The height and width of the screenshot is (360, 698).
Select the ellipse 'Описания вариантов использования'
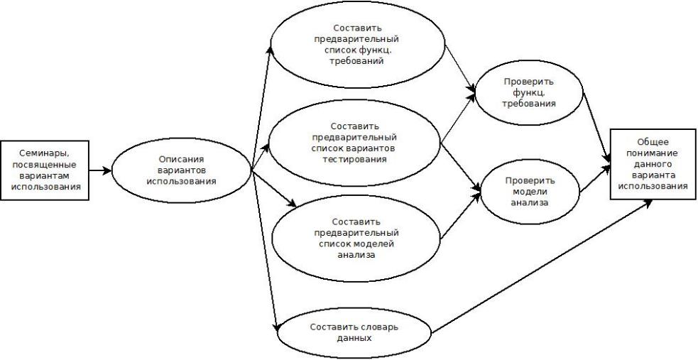coord(181,170)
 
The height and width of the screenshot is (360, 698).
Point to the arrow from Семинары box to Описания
coord(101,170)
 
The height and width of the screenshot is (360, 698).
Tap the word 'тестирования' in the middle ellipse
coord(353,160)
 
